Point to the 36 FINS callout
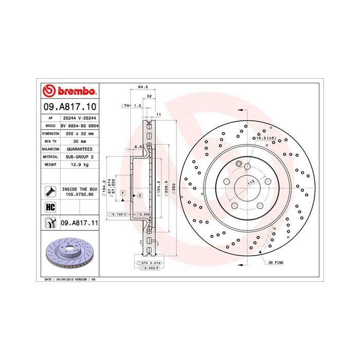(x=276, y=262)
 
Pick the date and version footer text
(x=68, y=279)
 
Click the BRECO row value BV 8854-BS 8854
(x=79, y=125)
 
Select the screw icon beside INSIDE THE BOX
(x=50, y=192)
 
